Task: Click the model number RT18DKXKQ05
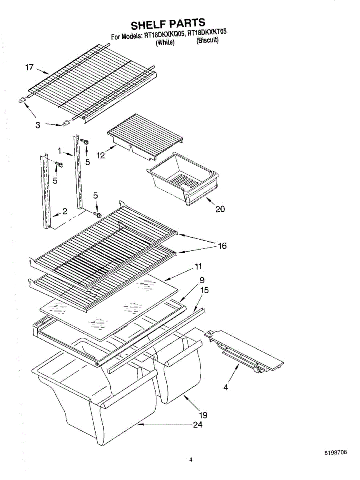click(x=164, y=35)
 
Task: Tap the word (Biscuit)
click(x=207, y=40)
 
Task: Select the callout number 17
click(x=29, y=68)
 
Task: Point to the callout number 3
click(x=38, y=125)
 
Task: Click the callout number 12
click(x=100, y=155)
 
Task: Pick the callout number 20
click(x=220, y=209)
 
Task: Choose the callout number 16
click(x=222, y=246)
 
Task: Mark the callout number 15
click(x=204, y=290)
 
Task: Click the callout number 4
click(x=226, y=387)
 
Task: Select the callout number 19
click(x=203, y=415)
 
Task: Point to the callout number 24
click(x=198, y=425)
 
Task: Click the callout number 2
click(x=64, y=212)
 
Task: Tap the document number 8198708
click(x=335, y=453)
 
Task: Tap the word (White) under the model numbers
click(x=165, y=43)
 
